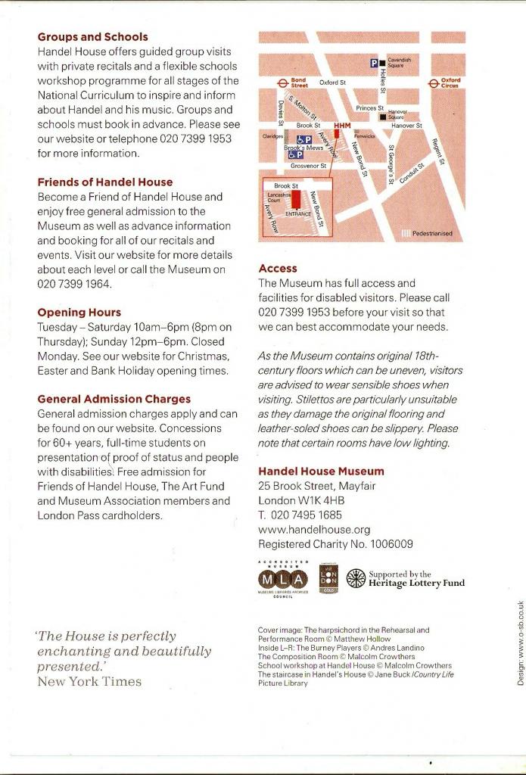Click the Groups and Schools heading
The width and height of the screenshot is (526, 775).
click(x=92, y=36)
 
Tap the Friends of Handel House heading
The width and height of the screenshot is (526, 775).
click(x=104, y=182)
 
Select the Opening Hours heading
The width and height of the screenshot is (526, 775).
click(x=79, y=312)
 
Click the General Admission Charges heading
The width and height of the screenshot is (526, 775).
click(x=114, y=399)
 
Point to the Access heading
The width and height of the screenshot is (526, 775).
click(x=278, y=268)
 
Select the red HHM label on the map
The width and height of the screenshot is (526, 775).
click(x=342, y=125)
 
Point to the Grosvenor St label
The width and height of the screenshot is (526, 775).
click(x=308, y=165)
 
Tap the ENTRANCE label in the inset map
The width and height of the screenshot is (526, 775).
click(x=298, y=214)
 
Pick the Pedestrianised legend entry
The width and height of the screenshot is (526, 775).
click(x=432, y=234)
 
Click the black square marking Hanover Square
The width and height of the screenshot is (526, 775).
click(x=383, y=117)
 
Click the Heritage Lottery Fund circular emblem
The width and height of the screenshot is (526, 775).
click(x=355, y=578)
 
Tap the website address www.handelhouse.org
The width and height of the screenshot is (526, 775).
click(x=314, y=530)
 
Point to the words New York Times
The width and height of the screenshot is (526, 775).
click(x=89, y=681)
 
